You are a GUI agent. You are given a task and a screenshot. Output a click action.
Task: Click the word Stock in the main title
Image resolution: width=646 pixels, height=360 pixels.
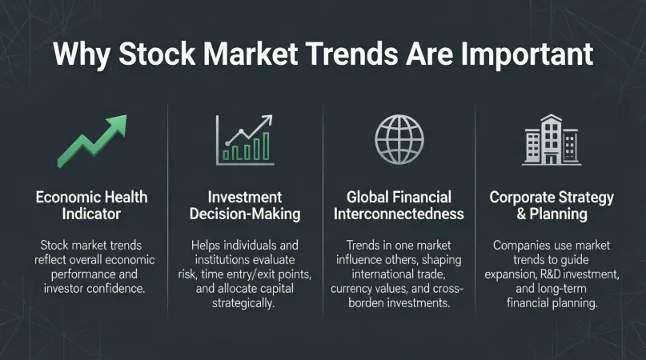click(x=157, y=54)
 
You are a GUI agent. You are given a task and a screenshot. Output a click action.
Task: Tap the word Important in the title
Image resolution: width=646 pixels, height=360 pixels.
click(x=527, y=54)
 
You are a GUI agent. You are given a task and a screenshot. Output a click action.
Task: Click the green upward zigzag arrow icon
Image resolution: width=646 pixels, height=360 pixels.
click(x=92, y=141)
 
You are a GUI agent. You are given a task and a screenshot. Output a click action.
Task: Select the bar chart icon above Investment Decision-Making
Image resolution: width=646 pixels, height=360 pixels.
click(x=245, y=140)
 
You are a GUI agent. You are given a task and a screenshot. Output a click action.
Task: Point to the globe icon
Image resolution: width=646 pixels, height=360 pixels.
click(x=399, y=139)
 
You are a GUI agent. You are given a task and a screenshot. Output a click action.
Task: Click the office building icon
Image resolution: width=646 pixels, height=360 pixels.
click(x=552, y=140)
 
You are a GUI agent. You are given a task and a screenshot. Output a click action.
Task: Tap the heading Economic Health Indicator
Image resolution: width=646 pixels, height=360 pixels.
click(x=91, y=205)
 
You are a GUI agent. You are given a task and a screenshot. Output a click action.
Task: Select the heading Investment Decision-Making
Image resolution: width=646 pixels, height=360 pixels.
click(x=245, y=205)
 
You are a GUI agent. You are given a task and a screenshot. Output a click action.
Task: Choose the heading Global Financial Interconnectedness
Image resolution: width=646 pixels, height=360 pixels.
click(x=399, y=205)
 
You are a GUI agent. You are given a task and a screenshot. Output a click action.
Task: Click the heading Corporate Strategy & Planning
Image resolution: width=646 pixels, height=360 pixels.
click(x=552, y=205)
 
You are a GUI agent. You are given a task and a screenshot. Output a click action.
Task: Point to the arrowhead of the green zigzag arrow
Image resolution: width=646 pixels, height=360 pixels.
click(x=118, y=123)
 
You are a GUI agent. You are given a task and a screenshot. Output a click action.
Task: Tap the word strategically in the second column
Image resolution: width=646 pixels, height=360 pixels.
click(x=243, y=303)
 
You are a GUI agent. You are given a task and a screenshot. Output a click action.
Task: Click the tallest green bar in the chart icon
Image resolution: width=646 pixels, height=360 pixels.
click(x=266, y=146)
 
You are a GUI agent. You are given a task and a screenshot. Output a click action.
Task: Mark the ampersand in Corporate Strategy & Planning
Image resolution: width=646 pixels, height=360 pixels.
click(x=521, y=214)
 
